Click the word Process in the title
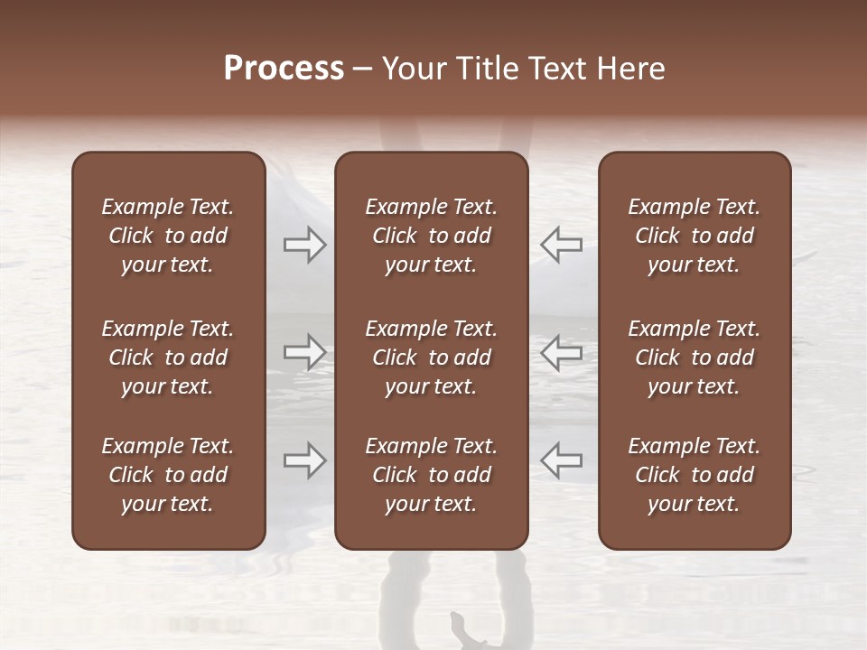pos(284,69)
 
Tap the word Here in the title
pos(630,69)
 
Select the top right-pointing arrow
pos(304,244)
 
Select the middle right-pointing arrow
pos(304,352)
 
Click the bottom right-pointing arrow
pos(304,460)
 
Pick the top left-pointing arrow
pos(562,244)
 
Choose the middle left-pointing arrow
pos(562,352)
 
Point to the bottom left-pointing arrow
pos(562,460)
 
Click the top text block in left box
pos(168,236)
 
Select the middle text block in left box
pos(168,357)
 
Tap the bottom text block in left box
pos(168,475)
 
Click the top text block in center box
pos(431,236)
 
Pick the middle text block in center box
pos(431,357)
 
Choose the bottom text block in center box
pos(431,475)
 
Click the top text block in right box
pos(695,236)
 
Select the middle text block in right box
pos(695,357)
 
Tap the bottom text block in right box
pos(695,475)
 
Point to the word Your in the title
pos(413,69)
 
